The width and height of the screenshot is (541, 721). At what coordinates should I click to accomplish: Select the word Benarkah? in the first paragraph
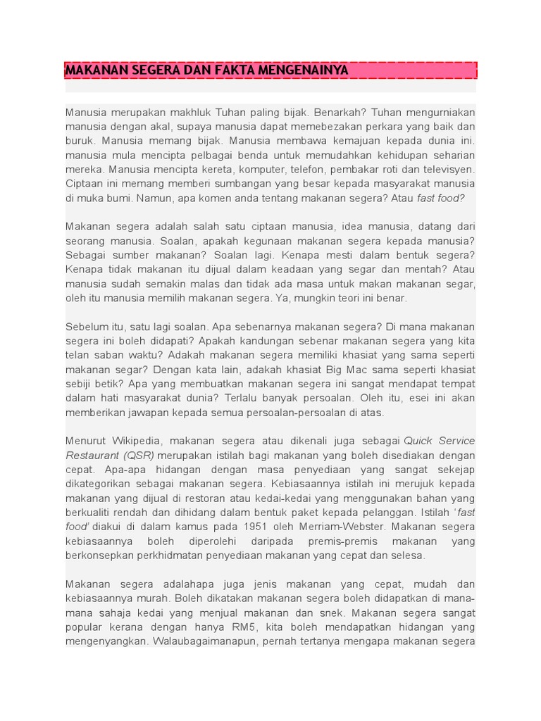point(340,113)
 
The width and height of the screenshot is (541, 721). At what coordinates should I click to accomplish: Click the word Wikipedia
point(137,441)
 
